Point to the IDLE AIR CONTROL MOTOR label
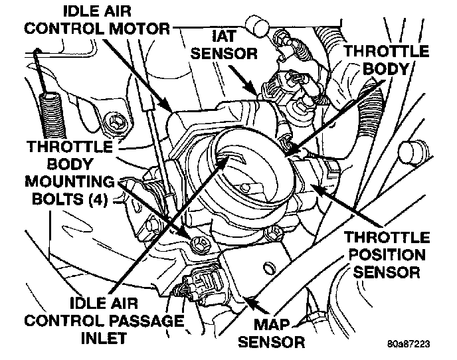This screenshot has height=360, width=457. coord(110,20)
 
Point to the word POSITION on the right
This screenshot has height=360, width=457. coord(387,254)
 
